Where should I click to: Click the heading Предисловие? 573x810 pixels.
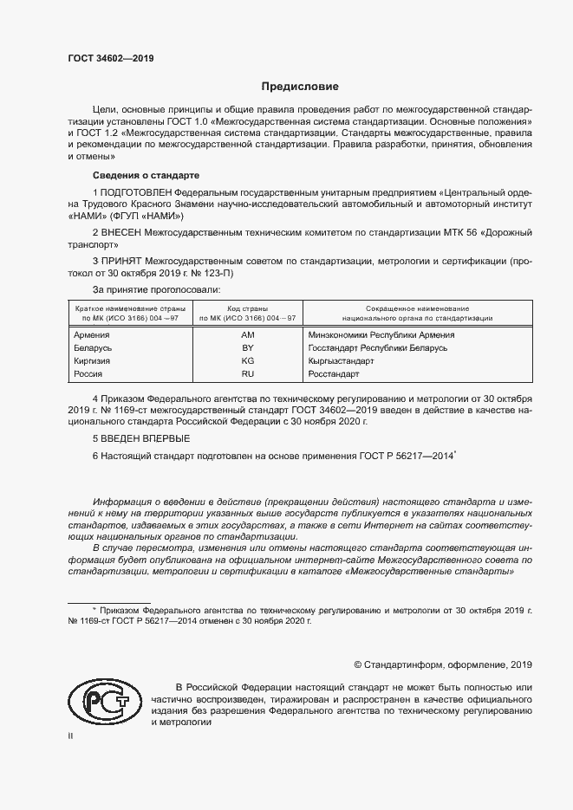pyautogui.click(x=301, y=87)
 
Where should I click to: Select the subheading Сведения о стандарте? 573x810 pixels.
pyautogui.click(x=133, y=175)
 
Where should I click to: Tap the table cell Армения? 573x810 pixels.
pyautogui.click(x=93, y=334)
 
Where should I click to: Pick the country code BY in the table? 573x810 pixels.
pyautogui.click(x=247, y=347)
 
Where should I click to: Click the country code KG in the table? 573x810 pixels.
pyautogui.click(x=247, y=360)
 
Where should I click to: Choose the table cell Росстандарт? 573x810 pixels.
pyautogui.click(x=334, y=373)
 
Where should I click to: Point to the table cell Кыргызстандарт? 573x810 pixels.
pyautogui.click(x=341, y=360)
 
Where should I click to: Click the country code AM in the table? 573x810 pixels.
pyautogui.click(x=247, y=334)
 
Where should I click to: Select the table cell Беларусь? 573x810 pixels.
pyautogui.click(x=94, y=347)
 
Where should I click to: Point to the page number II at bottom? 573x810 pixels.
pyautogui.click(x=71, y=735)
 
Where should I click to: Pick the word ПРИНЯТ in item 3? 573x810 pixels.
pyautogui.click(x=124, y=260)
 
